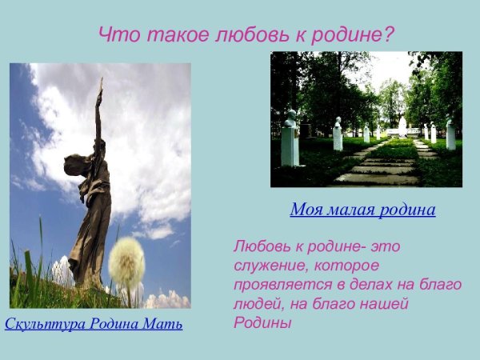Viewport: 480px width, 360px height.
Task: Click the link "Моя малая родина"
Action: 362,210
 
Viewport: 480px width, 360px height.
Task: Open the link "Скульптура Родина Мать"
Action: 94,324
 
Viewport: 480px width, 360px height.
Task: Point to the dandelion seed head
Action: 126,263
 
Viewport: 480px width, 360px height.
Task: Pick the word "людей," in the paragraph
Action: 257,304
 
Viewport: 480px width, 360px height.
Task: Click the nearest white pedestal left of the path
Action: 290,144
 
